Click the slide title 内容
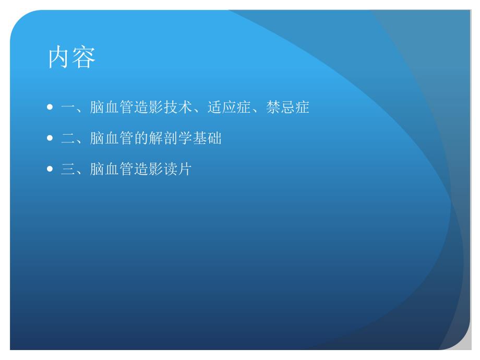pyautogui.click(x=72, y=58)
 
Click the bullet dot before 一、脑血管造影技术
pyautogui.click(x=50, y=108)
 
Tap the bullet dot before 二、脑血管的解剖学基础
pyautogui.click(x=50, y=139)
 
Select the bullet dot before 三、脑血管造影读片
pyautogui.click(x=50, y=170)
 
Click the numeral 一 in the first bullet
pyautogui.click(x=68, y=108)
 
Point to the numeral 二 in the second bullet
pyautogui.click(x=68, y=139)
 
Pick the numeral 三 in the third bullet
pyautogui.click(x=68, y=170)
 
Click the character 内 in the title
pyautogui.click(x=59, y=58)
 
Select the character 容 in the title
pyautogui.click(x=84, y=58)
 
